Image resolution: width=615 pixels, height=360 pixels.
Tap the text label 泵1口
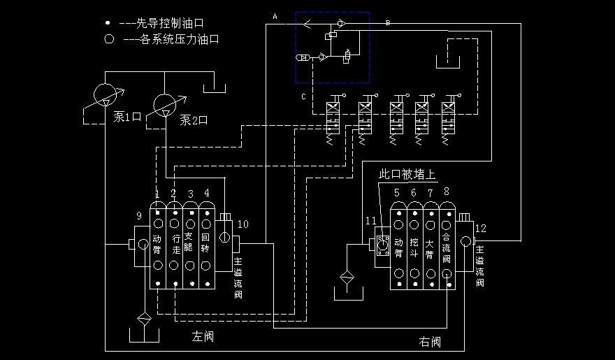point(128,117)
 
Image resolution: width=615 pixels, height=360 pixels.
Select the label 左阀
point(203,338)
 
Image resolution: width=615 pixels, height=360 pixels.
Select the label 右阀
point(430,342)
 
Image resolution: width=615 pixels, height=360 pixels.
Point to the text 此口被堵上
point(406,173)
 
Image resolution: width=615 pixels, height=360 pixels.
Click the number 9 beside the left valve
point(138,216)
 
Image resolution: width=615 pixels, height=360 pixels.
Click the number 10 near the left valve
point(243,224)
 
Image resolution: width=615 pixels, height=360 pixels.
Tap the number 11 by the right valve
point(370,220)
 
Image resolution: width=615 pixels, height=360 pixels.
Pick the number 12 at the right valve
point(480,228)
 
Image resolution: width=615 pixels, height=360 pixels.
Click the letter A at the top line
point(275,15)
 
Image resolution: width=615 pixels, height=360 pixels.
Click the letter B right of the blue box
point(388,23)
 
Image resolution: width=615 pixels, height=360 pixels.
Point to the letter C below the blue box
point(303,96)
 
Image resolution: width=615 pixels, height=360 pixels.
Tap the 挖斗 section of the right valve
point(414,244)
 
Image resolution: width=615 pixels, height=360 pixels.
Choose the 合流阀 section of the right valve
point(447,245)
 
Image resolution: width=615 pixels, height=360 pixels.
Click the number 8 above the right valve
point(447,192)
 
